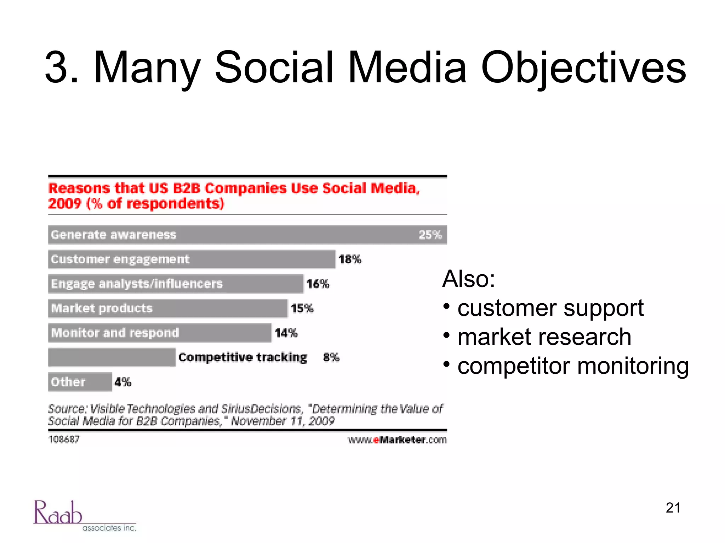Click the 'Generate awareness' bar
pos(247,235)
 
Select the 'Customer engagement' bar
pos(192,259)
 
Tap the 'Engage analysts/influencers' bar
pos(176,284)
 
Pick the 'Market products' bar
pos(168,308)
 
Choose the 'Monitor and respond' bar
pos(160,333)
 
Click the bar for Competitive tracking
pos(112,357)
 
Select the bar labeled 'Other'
pos(80,382)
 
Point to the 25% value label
pos(430,235)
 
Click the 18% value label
pos(350,259)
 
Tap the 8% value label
pos(331,357)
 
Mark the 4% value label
pos(122,382)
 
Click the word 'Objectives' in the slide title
pos(583,68)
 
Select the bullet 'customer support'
pos(550,308)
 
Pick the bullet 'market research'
pos(544,337)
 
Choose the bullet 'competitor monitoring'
pos(573,366)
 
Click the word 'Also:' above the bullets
pos(468,279)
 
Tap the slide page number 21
pos(673,508)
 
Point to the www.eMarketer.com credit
pos(397,440)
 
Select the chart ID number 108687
pos(64,439)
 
